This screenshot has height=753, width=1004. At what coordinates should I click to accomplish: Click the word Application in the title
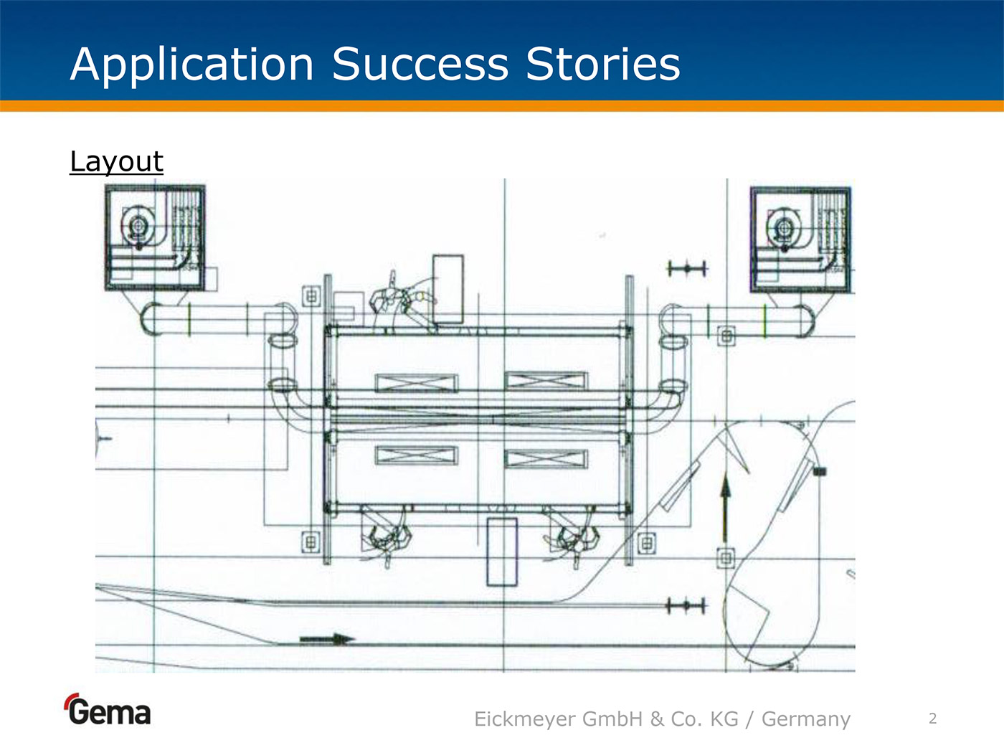click(192, 65)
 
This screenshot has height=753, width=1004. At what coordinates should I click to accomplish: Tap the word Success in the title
click(420, 65)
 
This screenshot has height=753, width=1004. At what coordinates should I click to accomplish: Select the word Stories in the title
click(603, 65)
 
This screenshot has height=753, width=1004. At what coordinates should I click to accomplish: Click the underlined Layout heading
click(116, 161)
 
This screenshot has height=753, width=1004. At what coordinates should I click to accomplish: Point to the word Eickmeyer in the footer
click(525, 719)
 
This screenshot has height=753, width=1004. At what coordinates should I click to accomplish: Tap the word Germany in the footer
click(805, 719)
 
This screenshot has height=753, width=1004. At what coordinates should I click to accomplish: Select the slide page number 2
click(932, 719)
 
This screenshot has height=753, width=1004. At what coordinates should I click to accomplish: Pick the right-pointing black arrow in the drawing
click(327, 638)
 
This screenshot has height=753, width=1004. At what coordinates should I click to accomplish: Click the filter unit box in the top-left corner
click(155, 237)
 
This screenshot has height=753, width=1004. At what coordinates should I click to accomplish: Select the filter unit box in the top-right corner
click(800, 239)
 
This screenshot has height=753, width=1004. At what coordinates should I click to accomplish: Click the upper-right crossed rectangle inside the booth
click(546, 381)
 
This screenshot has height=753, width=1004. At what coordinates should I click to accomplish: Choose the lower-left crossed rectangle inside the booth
click(416, 455)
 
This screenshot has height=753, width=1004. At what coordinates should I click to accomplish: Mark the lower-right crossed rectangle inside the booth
click(546, 458)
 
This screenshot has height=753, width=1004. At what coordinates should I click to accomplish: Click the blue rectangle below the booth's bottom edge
click(502, 551)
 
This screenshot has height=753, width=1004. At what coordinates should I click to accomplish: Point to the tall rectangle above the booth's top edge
click(447, 289)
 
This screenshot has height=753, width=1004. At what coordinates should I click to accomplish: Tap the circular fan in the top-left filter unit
click(136, 227)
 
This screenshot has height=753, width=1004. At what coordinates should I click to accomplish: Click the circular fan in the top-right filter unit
click(782, 229)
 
